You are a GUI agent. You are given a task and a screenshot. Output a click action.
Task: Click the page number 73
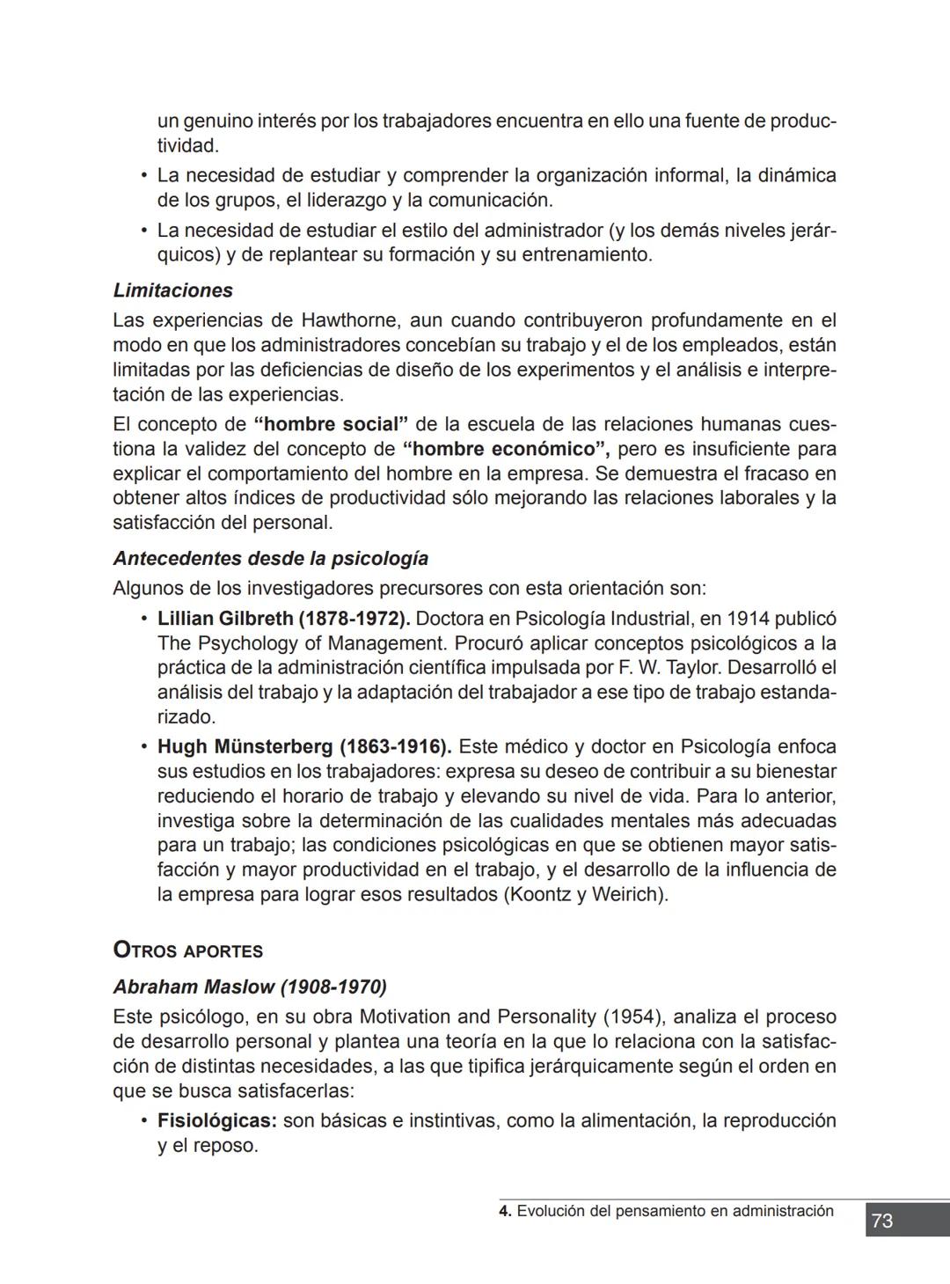[882, 1221]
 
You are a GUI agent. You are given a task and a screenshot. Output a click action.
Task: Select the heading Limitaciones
[172, 290]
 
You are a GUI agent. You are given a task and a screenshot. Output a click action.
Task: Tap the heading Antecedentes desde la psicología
[270, 559]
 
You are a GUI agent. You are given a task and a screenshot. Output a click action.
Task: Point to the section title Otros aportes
[188, 950]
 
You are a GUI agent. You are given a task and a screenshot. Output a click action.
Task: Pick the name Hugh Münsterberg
[245, 747]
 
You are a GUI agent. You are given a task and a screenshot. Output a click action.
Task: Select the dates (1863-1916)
[396, 747]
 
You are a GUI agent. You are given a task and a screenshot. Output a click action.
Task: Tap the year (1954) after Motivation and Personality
[634, 1017]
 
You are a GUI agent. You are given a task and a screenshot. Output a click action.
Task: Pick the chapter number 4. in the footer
[505, 1211]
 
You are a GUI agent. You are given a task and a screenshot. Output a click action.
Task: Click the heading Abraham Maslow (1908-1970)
[250, 987]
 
